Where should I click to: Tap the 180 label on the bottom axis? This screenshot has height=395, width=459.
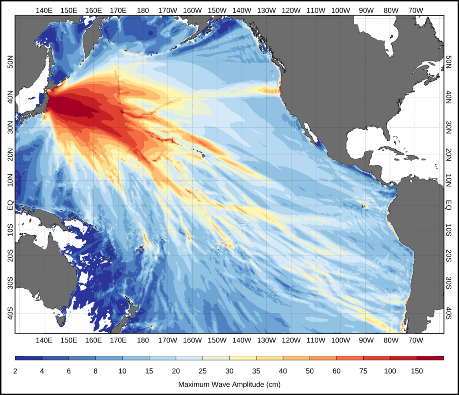[143, 340]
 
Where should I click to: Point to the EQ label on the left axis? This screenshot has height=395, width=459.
[10, 205]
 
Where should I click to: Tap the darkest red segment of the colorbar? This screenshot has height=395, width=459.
[430, 358]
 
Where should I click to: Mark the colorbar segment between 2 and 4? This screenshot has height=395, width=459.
[29, 358]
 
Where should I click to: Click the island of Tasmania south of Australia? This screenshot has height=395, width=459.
[59, 320]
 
